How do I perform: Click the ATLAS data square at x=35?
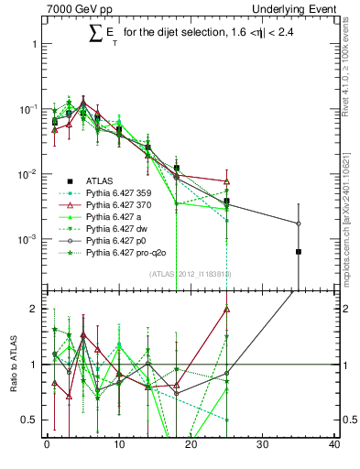[298, 251]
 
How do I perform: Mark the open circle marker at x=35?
[298, 224]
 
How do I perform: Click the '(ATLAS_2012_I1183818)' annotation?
[182, 275]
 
